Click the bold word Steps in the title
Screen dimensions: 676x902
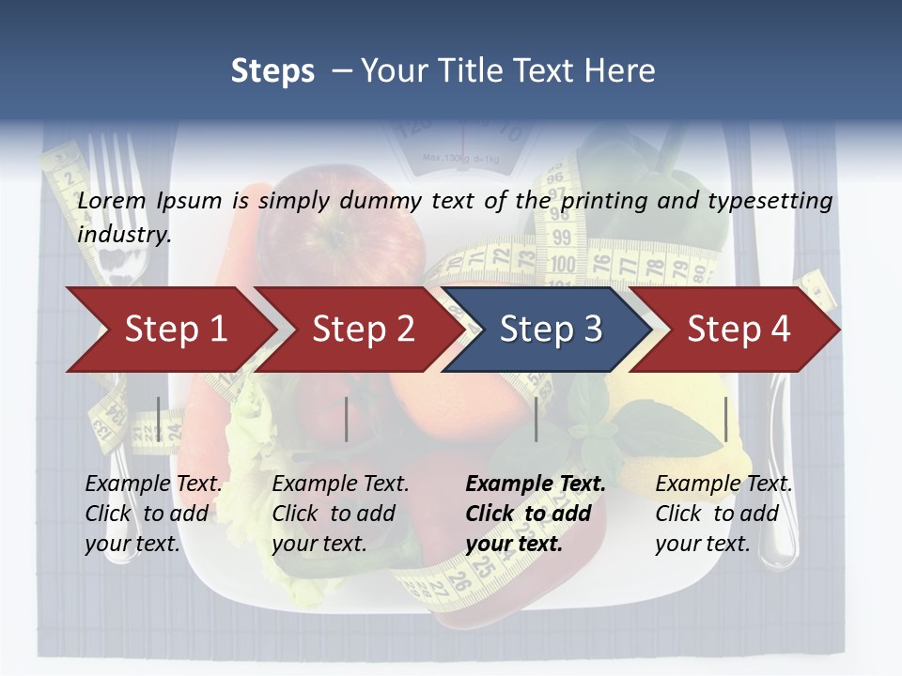272,71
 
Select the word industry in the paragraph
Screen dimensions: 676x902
124,235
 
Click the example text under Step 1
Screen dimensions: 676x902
153,514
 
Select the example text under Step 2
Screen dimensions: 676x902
340,514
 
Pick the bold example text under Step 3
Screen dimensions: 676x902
535,514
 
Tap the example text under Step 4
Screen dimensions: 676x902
723,514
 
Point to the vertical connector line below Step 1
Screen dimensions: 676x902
159,419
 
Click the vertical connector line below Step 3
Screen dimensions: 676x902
537,419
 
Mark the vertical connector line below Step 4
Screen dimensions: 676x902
725,419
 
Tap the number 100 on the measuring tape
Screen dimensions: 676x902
562,264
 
